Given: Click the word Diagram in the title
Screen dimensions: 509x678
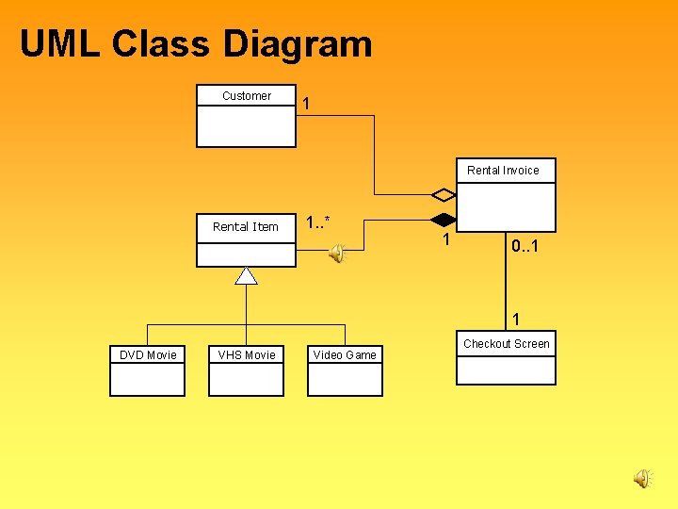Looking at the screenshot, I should (298, 44).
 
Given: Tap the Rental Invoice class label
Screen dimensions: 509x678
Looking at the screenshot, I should (503, 171).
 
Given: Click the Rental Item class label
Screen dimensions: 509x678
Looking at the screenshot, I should (246, 226).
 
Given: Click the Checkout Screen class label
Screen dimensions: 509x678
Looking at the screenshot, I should (506, 344).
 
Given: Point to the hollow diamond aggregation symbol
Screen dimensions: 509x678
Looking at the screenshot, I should (444, 195).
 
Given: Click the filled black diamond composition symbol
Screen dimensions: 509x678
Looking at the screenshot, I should (444, 221).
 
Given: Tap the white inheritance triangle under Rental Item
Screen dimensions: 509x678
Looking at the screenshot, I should (246, 275).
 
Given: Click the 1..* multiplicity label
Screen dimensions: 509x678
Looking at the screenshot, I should (318, 222).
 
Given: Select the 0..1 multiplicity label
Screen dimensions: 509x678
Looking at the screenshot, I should (525, 246).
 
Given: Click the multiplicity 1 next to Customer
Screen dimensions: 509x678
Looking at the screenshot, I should (307, 104).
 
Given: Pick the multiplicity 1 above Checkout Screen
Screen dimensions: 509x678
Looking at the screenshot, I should (516, 319).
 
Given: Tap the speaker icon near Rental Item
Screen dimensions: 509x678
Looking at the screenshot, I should (336, 252).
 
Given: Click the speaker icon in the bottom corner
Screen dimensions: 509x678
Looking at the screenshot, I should (641, 479).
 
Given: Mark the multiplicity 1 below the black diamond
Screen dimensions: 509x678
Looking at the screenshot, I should (446, 241).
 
